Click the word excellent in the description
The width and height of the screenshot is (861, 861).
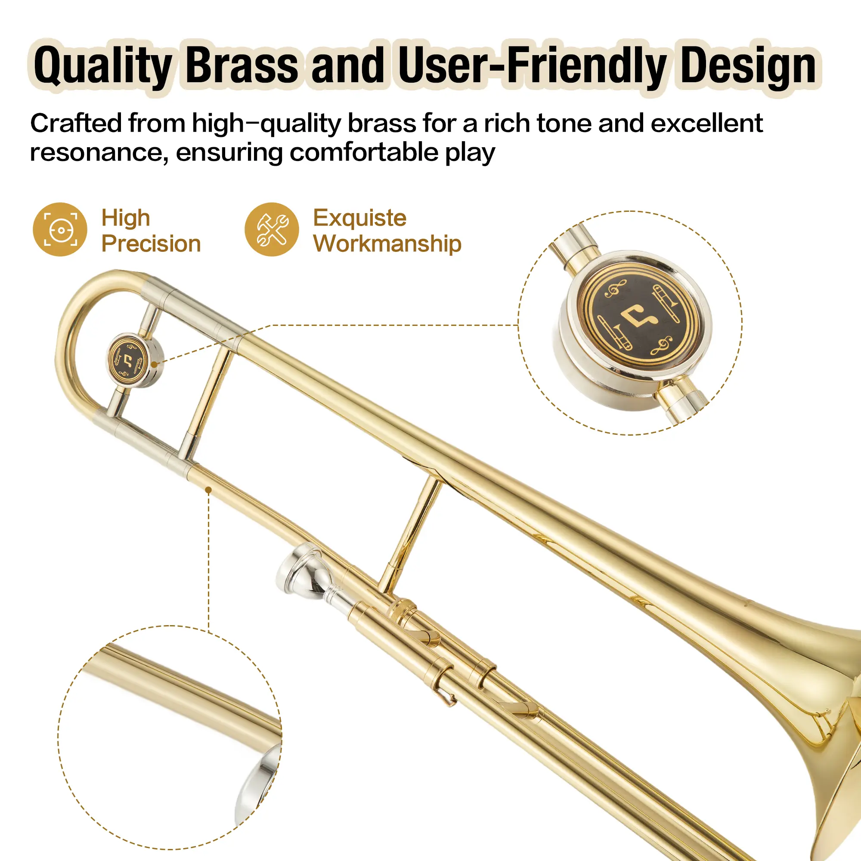tap(707, 123)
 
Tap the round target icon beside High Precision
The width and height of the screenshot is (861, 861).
tap(60, 229)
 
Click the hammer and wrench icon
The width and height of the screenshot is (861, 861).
tap(271, 229)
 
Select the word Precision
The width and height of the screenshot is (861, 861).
tap(151, 244)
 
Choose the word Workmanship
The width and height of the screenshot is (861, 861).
tap(387, 244)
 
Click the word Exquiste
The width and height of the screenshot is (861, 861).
tap(359, 218)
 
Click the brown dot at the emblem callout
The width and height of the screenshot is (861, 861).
tap(154, 365)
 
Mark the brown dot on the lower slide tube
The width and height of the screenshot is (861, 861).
tap(208, 490)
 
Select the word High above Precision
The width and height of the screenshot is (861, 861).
tap(126, 218)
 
